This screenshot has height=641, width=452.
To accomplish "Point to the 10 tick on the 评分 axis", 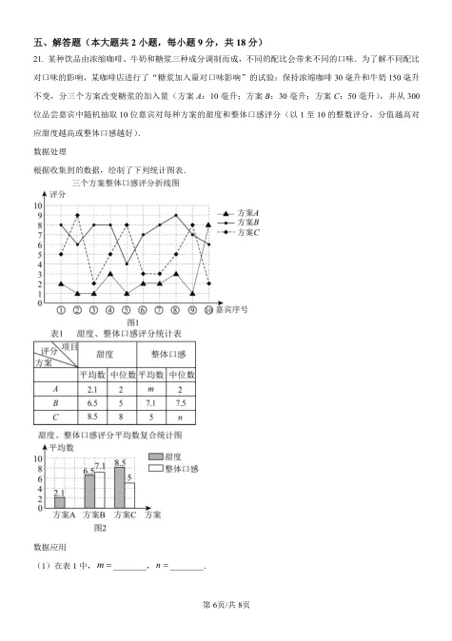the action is [x=39, y=204].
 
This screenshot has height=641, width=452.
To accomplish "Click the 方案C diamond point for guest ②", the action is [x=78, y=215].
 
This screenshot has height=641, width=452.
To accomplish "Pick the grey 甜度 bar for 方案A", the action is [x=60, y=501].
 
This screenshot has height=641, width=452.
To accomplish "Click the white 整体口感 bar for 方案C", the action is [x=129, y=495].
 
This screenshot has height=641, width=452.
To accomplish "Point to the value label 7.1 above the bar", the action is [x=100, y=465].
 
